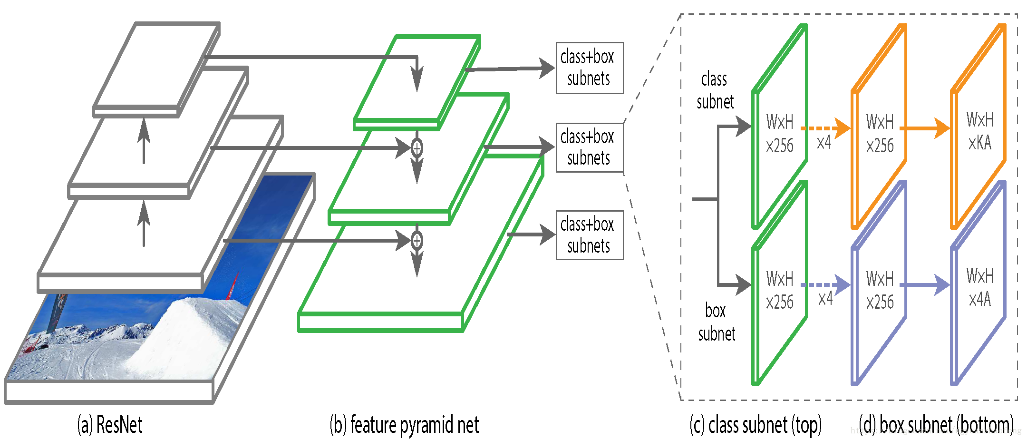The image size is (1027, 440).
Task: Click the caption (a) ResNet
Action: [110, 424]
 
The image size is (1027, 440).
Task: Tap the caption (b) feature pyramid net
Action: [404, 424]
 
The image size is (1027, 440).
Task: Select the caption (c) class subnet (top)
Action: [755, 424]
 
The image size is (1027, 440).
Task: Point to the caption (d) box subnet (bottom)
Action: [936, 424]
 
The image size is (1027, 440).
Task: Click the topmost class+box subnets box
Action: [589, 68]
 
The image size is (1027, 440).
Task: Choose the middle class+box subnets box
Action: [589, 147]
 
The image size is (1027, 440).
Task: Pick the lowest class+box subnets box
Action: [589, 235]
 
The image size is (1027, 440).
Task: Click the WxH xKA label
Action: [980, 131]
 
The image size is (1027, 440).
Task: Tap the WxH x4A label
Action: [980, 288]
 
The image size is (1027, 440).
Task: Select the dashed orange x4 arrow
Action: [825, 128]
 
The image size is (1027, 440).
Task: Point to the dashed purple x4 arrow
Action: [825, 285]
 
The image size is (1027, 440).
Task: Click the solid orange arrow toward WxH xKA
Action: [925, 128]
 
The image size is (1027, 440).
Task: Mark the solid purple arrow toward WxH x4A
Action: [925, 285]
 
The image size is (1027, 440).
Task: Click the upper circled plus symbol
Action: [417, 148]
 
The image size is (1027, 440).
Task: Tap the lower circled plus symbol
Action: [417, 241]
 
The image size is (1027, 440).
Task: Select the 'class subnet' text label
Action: [715, 90]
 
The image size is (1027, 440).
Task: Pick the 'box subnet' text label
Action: [716, 322]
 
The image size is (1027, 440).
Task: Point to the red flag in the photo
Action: [233, 287]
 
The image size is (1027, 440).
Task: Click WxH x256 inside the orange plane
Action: [880, 133]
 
